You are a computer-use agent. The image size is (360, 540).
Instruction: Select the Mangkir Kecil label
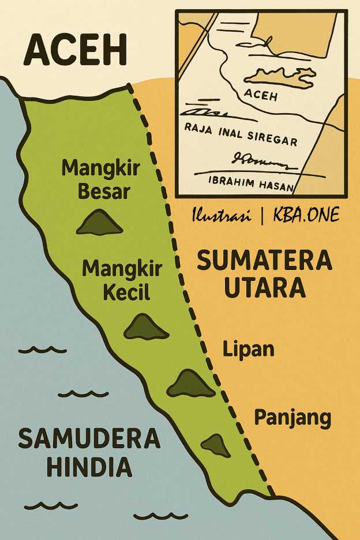click(x=122, y=280)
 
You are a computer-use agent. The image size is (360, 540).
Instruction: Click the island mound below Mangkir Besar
click(x=100, y=223)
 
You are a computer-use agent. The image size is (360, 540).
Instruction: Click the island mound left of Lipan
click(x=191, y=384)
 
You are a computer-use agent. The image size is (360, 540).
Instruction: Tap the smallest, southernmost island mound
click(x=216, y=445)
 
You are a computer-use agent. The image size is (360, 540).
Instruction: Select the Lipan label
click(x=248, y=349)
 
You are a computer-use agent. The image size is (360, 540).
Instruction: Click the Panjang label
click(x=293, y=417)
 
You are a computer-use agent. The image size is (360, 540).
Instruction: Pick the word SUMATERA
click(x=265, y=261)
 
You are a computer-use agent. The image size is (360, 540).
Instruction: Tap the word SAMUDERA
click(x=88, y=439)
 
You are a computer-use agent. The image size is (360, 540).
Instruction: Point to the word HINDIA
click(x=89, y=467)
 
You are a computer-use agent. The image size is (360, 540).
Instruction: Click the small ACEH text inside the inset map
click(x=261, y=95)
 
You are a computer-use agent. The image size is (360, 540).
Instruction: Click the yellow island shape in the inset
click(x=279, y=76)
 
